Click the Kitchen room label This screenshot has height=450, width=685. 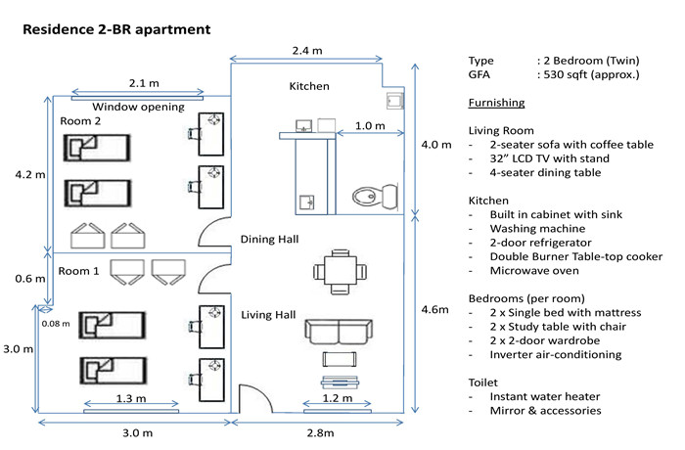(309, 86)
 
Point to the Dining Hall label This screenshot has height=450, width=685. (269, 239)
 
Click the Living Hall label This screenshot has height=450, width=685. (268, 314)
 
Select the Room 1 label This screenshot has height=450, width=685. (79, 270)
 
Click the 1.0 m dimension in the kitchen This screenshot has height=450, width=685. (370, 125)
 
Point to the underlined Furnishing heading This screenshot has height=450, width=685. (496, 103)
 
